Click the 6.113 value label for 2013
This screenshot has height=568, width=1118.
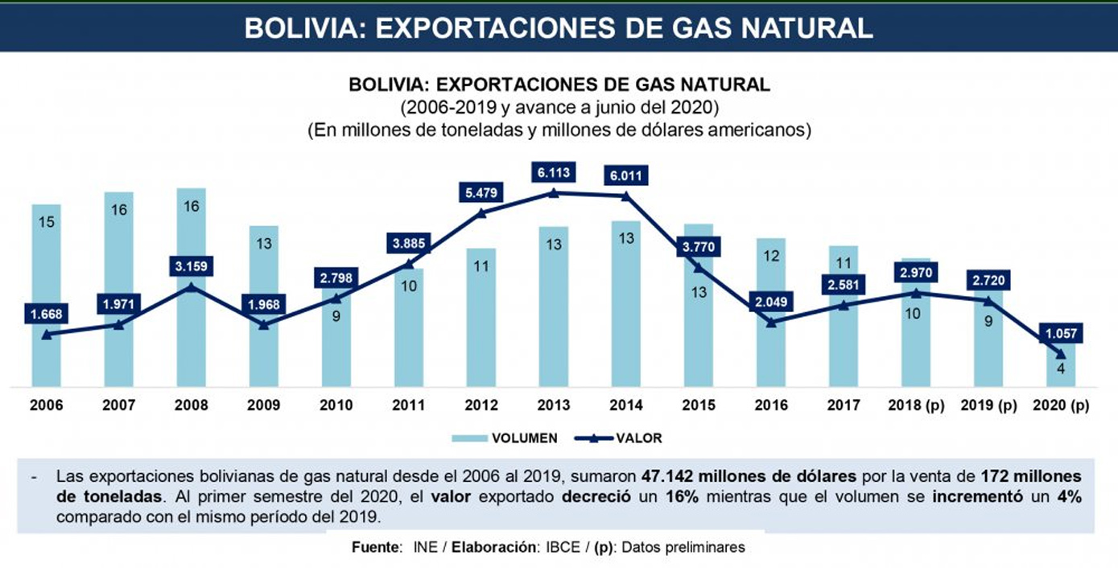[x=553, y=172]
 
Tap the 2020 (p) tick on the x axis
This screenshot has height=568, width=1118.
[x=1061, y=405]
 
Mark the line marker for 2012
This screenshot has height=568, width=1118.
[x=481, y=213]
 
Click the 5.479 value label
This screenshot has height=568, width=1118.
[x=481, y=193]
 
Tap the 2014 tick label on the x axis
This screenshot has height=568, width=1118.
[x=625, y=405]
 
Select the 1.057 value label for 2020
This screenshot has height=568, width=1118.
[x=1061, y=333]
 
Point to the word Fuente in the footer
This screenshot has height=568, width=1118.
[x=375, y=547]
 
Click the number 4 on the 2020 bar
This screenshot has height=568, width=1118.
[x=1061, y=368]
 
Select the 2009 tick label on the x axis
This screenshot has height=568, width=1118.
[x=263, y=405]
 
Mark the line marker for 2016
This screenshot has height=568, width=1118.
[x=771, y=323]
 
